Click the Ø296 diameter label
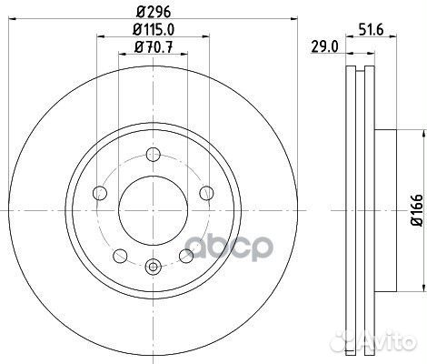tap(154, 12)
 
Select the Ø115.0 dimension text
tap(154, 29)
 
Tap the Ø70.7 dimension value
tap(154, 47)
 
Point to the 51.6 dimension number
tap(371, 30)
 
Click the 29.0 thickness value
tap(324, 47)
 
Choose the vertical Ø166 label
tap(416, 210)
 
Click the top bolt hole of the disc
tap(154, 154)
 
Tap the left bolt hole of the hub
tap(100, 193)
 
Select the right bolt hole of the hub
tap(207, 193)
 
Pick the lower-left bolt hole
tap(120, 256)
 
